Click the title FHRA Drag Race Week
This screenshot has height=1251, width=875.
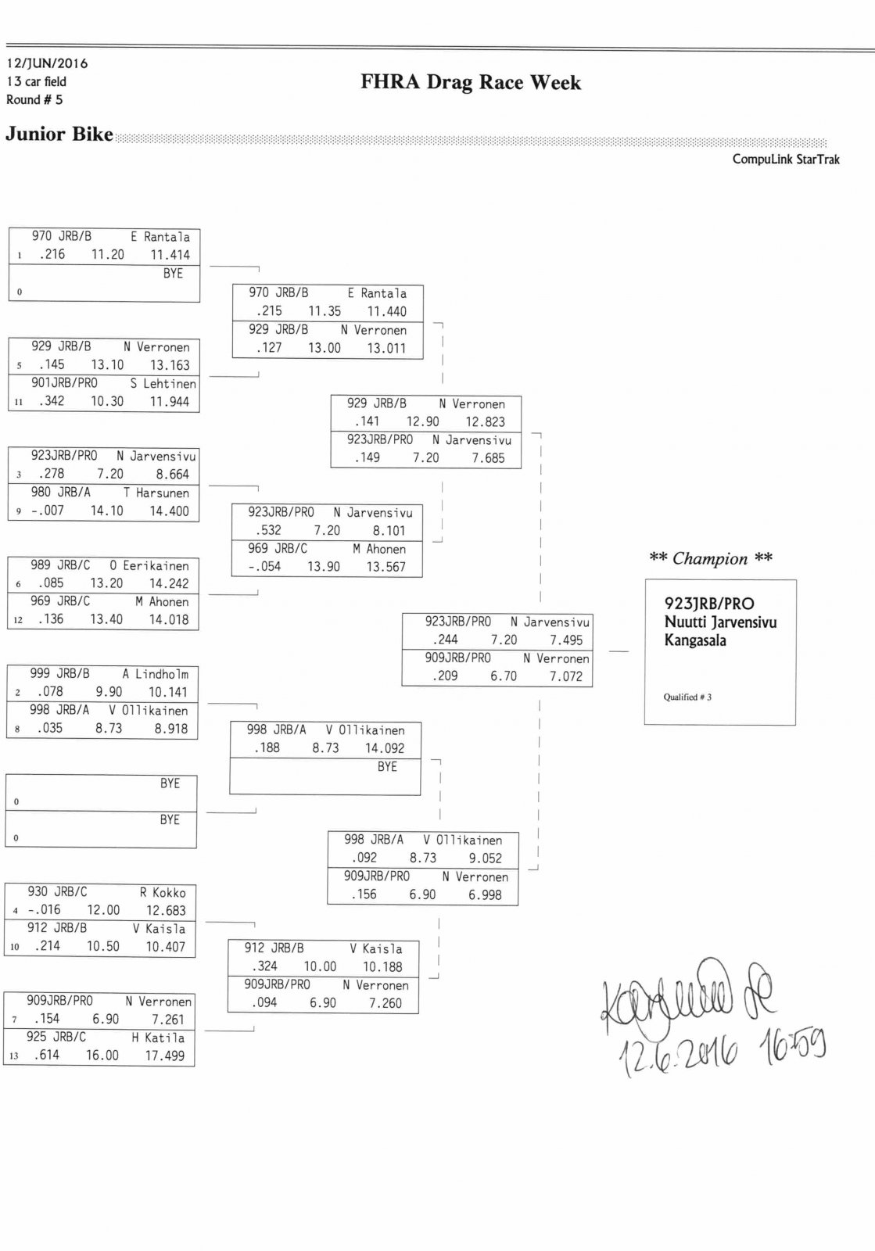tap(471, 83)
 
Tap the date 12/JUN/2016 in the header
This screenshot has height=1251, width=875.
tap(47, 63)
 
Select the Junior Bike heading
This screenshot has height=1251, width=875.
tap(59, 134)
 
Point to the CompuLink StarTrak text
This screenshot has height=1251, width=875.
tap(785, 160)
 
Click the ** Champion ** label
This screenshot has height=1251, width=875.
tap(710, 558)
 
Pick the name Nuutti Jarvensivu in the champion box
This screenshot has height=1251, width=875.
tap(720, 622)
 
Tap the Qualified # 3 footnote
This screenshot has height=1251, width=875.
tap(687, 697)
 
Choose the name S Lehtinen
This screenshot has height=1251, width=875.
tap(163, 384)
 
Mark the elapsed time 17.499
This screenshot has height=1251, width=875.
tap(165, 1056)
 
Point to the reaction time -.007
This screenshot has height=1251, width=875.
tap(48, 511)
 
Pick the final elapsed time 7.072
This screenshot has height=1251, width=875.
tap(565, 676)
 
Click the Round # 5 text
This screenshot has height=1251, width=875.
tap(34, 100)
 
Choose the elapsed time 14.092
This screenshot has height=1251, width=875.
tap(384, 748)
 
